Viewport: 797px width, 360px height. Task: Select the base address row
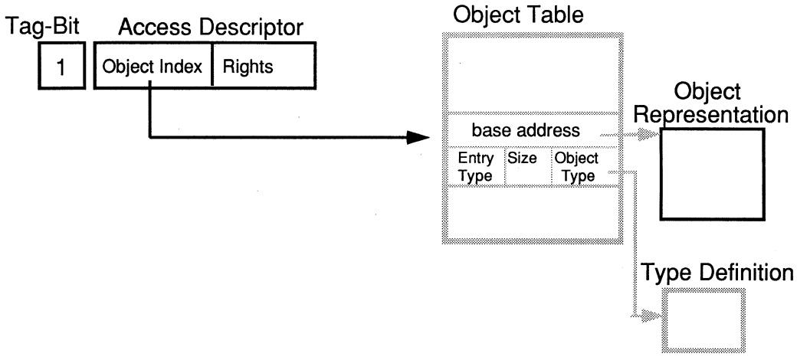(x=530, y=131)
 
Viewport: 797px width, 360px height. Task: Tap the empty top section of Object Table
(x=530, y=74)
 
